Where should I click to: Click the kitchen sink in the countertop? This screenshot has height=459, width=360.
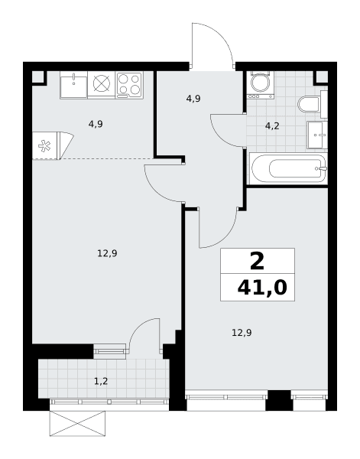point(73,85)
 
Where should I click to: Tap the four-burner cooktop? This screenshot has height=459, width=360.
point(129,85)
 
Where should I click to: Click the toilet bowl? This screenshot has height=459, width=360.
point(309,104)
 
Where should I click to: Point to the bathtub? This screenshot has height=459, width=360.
point(288,168)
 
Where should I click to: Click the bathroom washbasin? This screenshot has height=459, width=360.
point(317,135)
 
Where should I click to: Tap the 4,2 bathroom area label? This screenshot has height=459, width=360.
point(272,126)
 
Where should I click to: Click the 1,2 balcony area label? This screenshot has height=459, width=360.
point(101,381)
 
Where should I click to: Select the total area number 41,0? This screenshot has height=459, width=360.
point(262,288)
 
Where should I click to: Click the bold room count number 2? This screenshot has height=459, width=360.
point(258,261)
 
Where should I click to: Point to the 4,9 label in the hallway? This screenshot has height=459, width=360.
point(193,99)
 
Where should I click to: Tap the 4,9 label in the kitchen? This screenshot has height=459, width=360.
point(96,124)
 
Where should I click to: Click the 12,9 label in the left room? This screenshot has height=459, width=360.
point(107,253)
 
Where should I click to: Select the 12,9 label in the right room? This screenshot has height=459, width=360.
point(242,333)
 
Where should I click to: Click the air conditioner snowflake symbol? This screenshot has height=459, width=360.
point(44,146)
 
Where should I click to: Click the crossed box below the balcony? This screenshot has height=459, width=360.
point(77,424)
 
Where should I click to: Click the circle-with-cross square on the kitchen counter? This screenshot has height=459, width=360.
point(102,83)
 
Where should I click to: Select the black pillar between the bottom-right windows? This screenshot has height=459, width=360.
point(279,400)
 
